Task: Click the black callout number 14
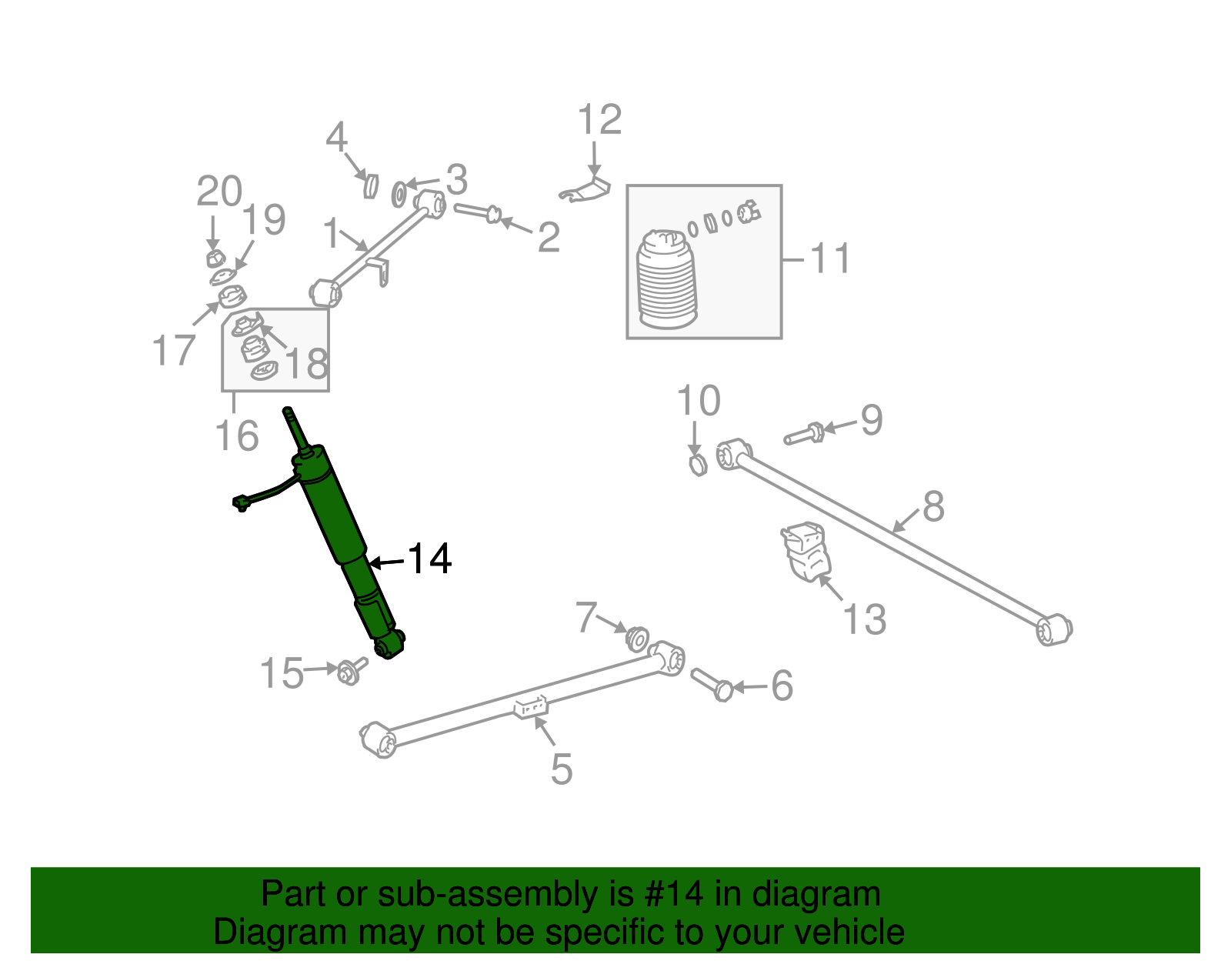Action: (429, 559)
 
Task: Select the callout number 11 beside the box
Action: (830, 259)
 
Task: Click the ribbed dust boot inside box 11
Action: (666, 281)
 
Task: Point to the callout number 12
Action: (599, 120)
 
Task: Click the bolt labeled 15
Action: (350, 672)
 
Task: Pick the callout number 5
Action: (561, 769)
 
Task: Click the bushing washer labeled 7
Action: (637, 639)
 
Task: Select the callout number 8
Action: (933, 507)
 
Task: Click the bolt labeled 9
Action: (805, 433)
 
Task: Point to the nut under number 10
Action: (697, 464)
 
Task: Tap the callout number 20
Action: (219, 192)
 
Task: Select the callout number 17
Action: (173, 351)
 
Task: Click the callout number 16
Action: (237, 436)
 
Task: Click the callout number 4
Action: (336, 138)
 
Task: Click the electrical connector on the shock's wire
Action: (240, 503)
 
